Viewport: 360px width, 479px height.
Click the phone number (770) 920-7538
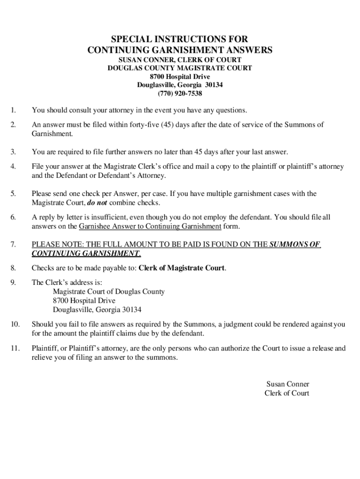pyautogui.click(x=180, y=94)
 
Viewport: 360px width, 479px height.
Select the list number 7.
pyautogui.click(x=13, y=245)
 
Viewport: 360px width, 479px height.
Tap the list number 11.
pyautogui.click(x=14, y=348)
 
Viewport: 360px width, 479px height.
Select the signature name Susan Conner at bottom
pyautogui.click(x=288, y=385)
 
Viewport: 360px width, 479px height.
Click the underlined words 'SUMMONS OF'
pyautogui.click(x=295, y=245)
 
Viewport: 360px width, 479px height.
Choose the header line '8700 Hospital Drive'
pyautogui.click(x=180, y=77)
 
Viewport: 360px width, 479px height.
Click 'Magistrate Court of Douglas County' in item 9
pyautogui.click(x=108, y=291)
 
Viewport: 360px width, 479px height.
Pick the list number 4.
pyautogui.click(x=13, y=167)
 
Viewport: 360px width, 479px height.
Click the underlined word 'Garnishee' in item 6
pyautogui.click(x=94, y=226)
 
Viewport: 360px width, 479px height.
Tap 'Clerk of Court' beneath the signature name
pyautogui.click(x=287, y=393)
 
